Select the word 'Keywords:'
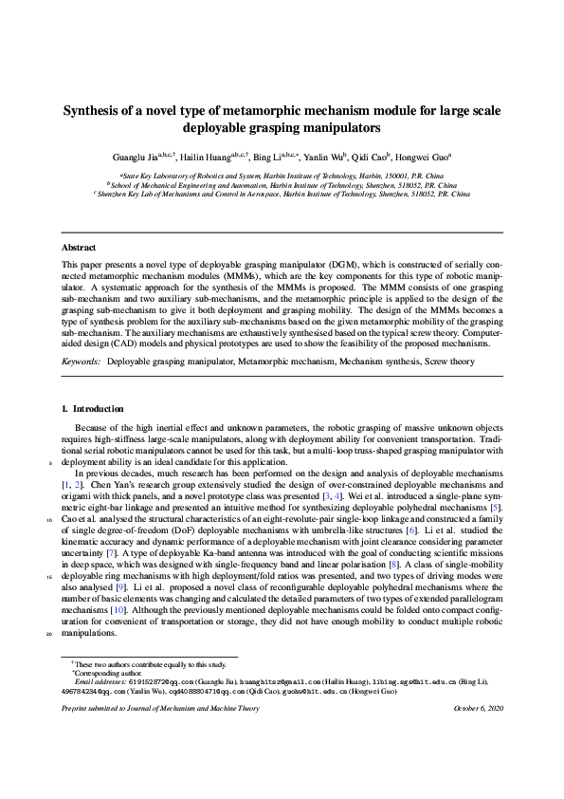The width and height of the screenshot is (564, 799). [82, 362]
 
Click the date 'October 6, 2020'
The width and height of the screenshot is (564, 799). [478, 708]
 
